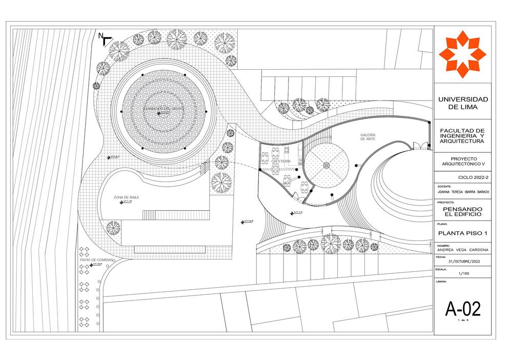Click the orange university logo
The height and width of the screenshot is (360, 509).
pyautogui.click(x=462, y=54)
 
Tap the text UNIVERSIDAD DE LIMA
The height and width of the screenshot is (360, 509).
pyautogui.click(x=462, y=103)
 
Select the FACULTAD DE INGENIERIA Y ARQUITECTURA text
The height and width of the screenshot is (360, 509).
pyautogui.click(x=462, y=136)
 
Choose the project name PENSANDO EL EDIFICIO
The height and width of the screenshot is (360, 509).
pyautogui.click(x=462, y=212)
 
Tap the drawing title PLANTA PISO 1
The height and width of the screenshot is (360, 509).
pyautogui.click(x=462, y=233)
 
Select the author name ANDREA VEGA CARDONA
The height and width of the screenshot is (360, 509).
pyautogui.click(x=462, y=250)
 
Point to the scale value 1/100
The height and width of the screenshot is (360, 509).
pyautogui.click(x=462, y=273)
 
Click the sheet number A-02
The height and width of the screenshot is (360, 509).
pyautogui.click(x=462, y=309)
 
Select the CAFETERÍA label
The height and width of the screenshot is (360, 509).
pyautogui.click(x=281, y=161)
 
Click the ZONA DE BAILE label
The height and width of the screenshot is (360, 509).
pyautogui.click(x=126, y=197)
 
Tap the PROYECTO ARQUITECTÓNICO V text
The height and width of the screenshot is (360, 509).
pyautogui.click(x=462, y=161)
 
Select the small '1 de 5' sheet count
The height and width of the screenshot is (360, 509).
pyautogui.click(x=462, y=321)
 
